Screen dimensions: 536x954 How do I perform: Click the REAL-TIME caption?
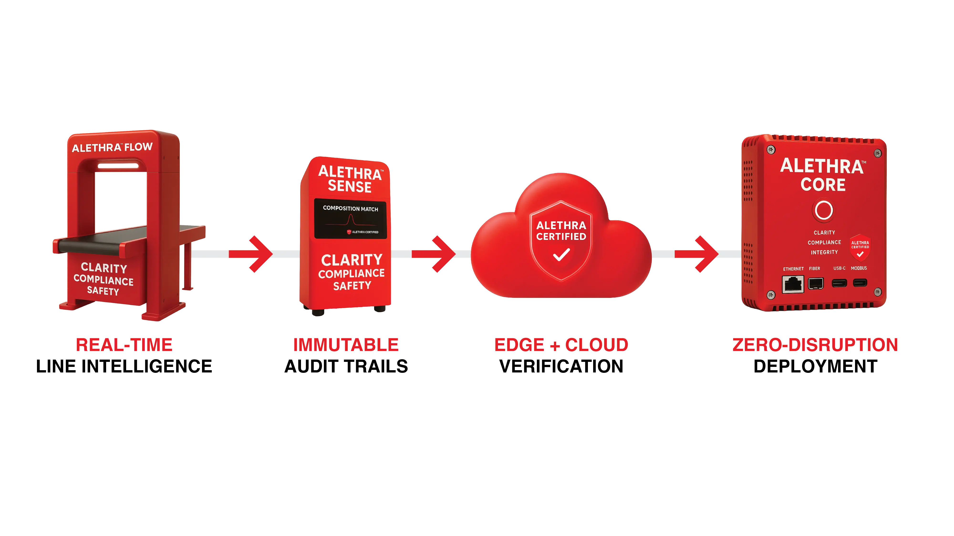coord(124,345)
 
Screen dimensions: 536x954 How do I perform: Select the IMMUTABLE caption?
coord(346,345)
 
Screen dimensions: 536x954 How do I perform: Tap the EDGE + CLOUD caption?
coord(561,345)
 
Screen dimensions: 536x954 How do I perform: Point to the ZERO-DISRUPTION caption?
coord(815,345)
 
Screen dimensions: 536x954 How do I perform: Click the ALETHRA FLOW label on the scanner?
coord(112,147)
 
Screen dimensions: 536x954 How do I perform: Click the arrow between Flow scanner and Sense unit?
coord(259,254)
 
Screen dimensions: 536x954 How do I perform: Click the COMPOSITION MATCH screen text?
coord(350,209)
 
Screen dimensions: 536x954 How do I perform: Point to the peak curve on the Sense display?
coord(351,220)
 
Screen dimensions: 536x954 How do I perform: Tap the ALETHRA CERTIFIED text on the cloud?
coord(561,231)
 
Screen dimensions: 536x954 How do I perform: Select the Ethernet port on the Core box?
coord(793,284)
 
